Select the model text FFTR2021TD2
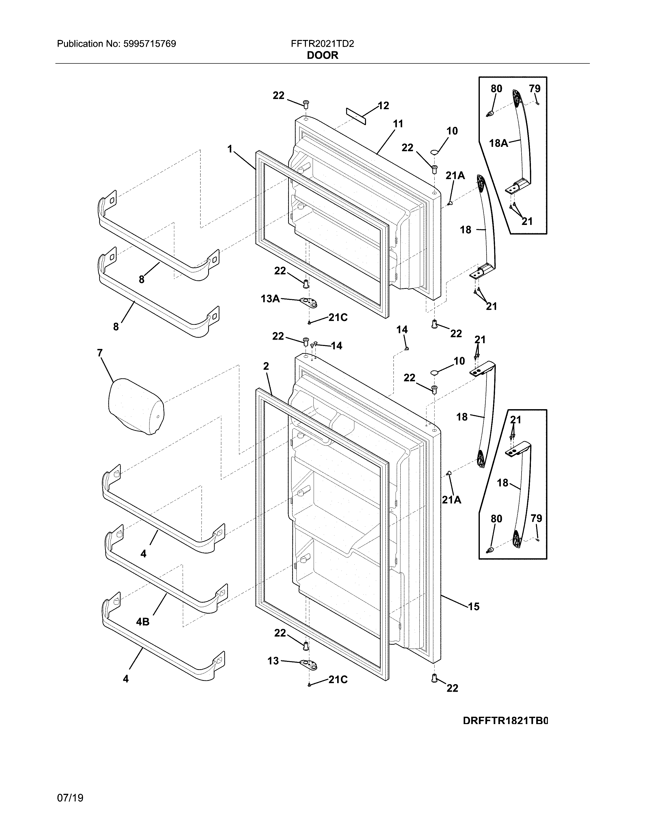coord(322,44)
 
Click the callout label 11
coord(398,124)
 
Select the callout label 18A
coord(498,143)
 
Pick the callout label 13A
coord(270,299)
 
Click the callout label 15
coord(474,606)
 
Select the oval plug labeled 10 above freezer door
coord(435,152)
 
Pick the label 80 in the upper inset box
coord(496,89)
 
